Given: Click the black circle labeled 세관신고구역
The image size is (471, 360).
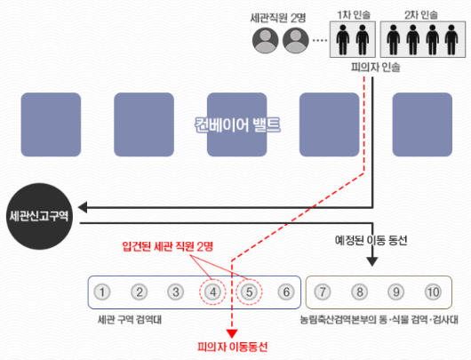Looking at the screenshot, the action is tap(39, 216).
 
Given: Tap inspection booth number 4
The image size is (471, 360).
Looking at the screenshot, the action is tap(212, 292).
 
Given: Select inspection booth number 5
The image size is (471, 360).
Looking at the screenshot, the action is tap(249, 292).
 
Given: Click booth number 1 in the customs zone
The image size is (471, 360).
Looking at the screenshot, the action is tap(102, 292).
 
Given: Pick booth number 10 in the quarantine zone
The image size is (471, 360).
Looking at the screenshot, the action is tap(433, 292).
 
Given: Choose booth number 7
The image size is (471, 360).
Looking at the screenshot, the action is tap(323, 292).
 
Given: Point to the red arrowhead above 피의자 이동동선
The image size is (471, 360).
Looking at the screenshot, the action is tap(232, 333).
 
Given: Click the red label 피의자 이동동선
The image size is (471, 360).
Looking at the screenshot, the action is tap(233, 347).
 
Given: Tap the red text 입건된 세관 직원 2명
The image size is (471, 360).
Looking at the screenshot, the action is tap(168, 246).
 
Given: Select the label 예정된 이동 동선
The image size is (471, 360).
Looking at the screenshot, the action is tap(371, 240).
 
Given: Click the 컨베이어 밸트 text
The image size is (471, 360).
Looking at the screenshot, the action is tap(237, 124).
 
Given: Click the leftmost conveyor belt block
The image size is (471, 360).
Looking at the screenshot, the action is tap(51, 124).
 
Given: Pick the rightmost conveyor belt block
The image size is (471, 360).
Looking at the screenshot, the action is tap(422, 124).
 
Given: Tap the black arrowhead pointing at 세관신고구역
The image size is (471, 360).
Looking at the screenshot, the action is tap(83, 207).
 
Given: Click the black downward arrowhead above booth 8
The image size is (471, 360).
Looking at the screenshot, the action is tap(372, 261).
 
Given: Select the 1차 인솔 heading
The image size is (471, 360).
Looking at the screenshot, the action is tap(354, 15).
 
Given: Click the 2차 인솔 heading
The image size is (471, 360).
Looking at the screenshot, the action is tap(421, 15).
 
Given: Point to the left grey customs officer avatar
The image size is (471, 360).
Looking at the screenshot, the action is tap(265, 40).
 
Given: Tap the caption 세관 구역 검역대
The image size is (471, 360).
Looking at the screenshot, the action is tap(130, 319).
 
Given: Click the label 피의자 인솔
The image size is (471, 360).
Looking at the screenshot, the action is tap(376, 67).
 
